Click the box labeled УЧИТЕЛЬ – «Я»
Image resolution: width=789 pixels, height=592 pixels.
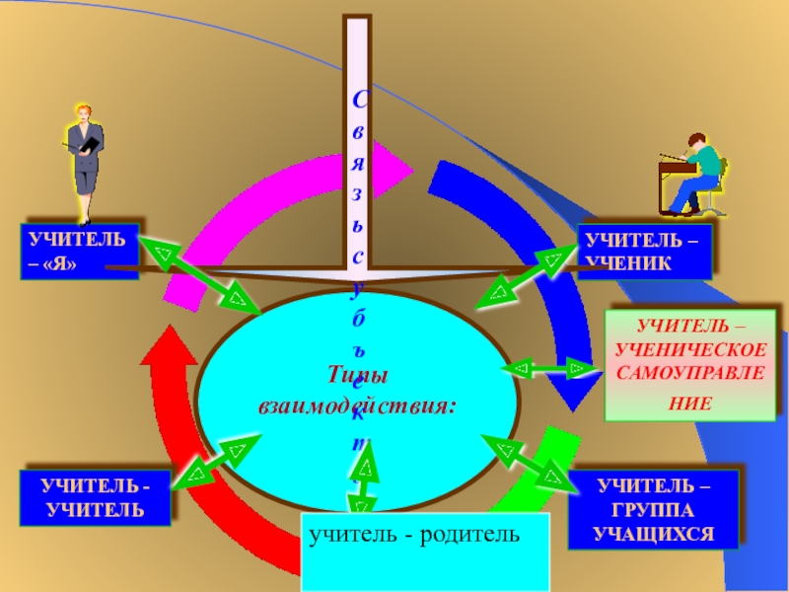tap(78, 251)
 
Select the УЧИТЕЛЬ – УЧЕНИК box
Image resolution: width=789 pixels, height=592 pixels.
tap(644, 251)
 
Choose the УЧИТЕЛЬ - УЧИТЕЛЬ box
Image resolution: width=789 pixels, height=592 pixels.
tap(93, 496)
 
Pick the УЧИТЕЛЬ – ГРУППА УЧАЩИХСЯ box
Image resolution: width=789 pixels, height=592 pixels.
tap(652, 509)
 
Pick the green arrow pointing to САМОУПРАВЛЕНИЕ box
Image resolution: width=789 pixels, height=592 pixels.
tap(548, 369)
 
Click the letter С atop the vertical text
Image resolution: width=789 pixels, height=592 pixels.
tap(360, 102)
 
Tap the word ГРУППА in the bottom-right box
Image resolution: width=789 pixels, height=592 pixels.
tap(653, 509)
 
